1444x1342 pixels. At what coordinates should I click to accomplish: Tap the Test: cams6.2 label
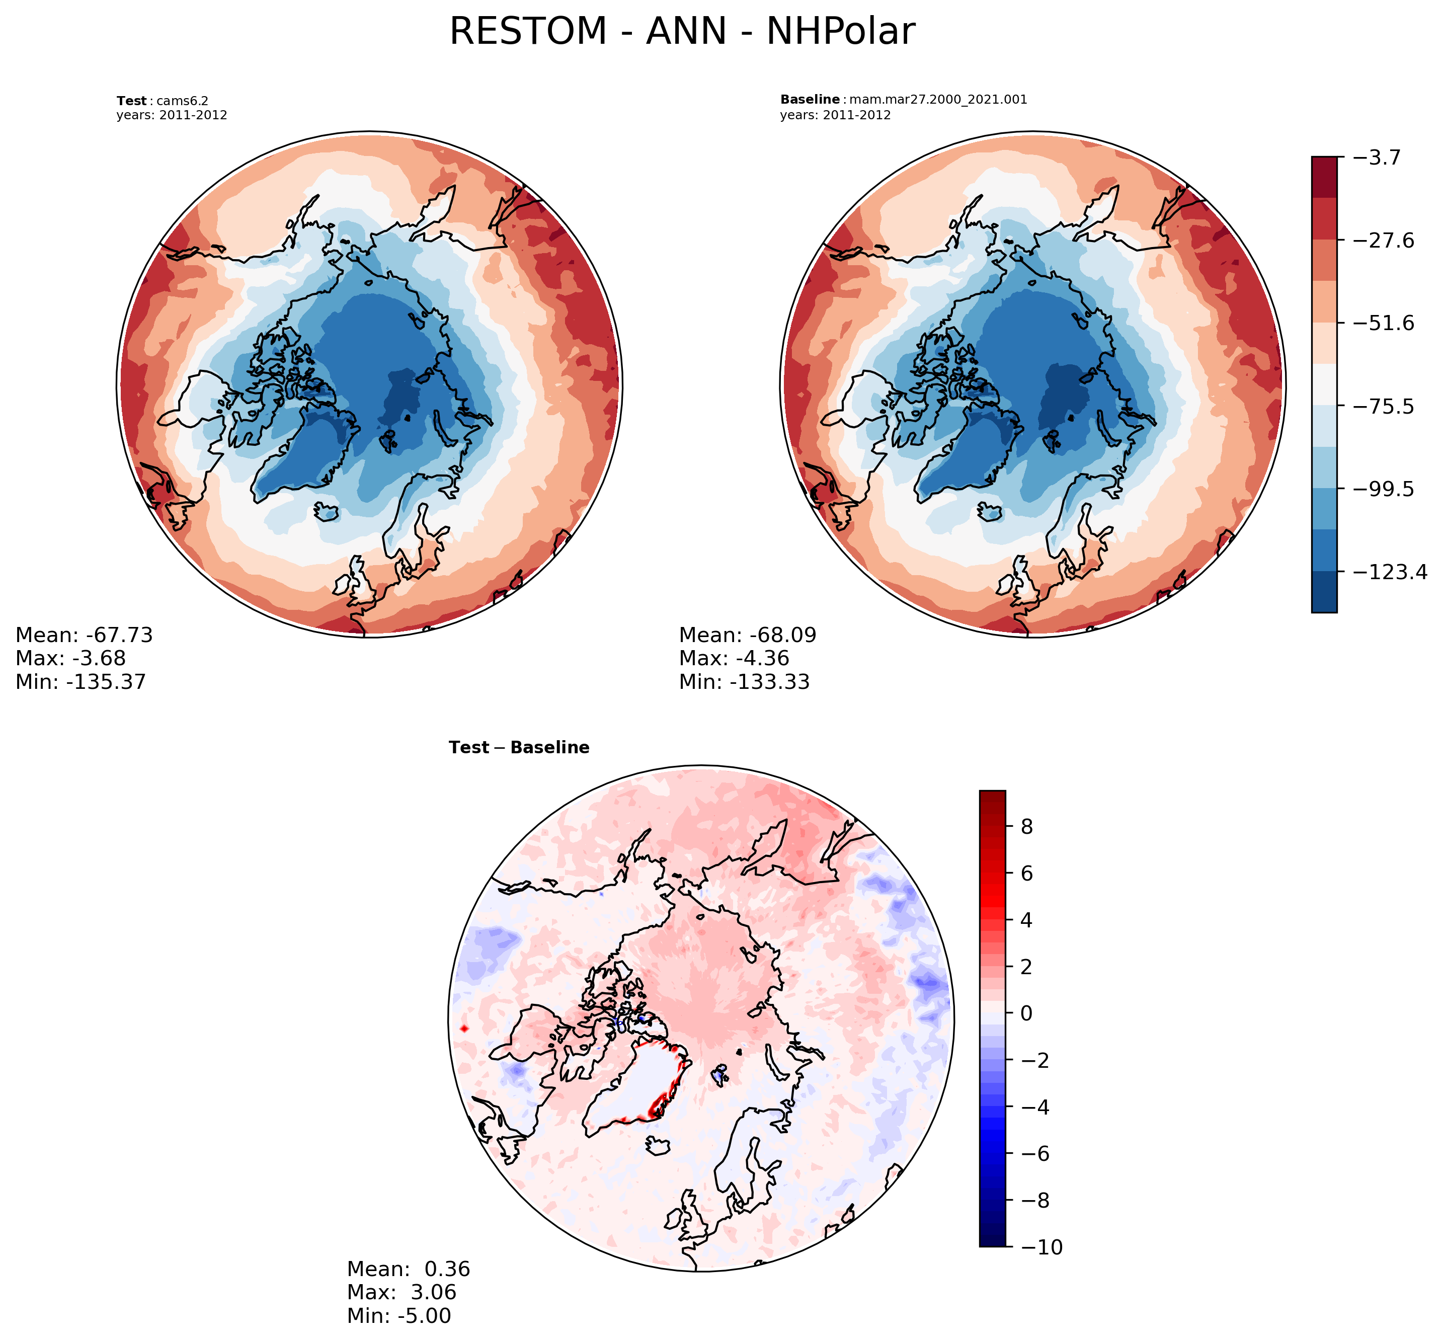pyautogui.click(x=163, y=101)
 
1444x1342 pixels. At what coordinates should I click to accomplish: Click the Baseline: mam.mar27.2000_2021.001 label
pyautogui.click(x=903, y=100)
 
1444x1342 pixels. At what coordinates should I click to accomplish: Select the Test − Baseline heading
pyautogui.click(x=519, y=747)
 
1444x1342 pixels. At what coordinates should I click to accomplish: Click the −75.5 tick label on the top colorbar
pyautogui.click(x=1385, y=407)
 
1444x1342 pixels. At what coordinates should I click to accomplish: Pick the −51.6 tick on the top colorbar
pyautogui.click(x=1385, y=323)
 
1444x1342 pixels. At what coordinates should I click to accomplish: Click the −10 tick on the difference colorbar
pyautogui.click(x=1041, y=1247)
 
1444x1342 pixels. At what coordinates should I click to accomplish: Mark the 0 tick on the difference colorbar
pyautogui.click(x=1026, y=1013)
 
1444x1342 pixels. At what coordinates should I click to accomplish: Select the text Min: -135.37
pyautogui.click(x=81, y=682)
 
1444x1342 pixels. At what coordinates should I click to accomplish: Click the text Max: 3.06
pyautogui.click(x=402, y=1292)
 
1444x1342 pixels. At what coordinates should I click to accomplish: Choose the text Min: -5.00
pyautogui.click(x=398, y=1315)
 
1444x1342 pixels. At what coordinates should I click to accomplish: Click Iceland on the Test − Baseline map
pyautogui.click(x=657, y=1146)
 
